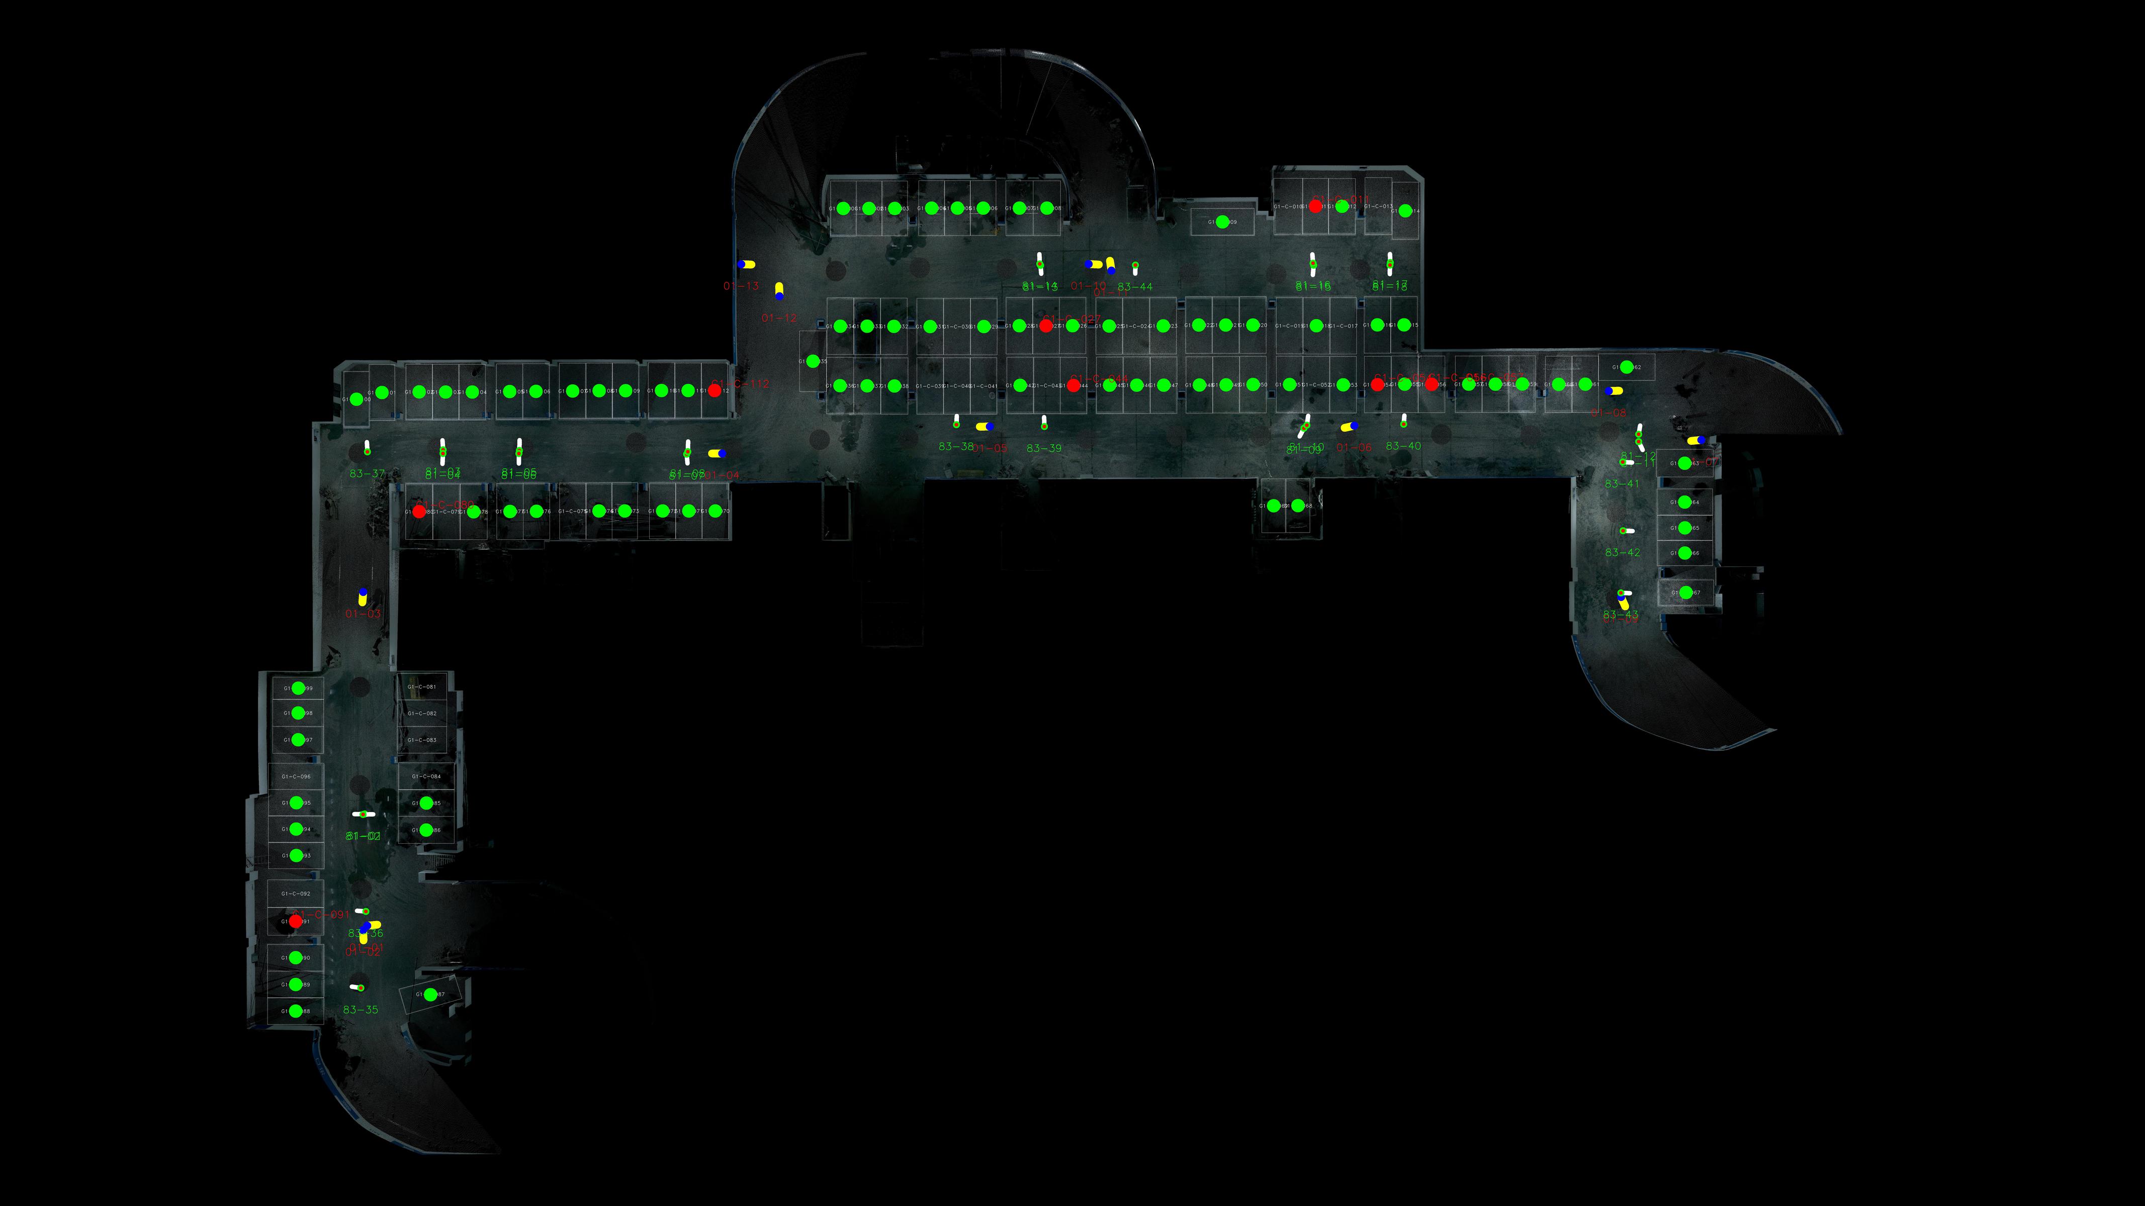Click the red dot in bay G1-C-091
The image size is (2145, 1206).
[x=296, y=922]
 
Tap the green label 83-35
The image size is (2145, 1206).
[x=361, y=1010]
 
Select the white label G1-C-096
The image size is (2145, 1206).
[x=296, y=776]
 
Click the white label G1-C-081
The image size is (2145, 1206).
[x=421, y=686]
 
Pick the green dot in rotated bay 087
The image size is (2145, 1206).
[x=430, y=994]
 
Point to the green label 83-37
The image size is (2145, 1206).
[x=367, y=473]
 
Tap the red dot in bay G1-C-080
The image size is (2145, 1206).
[x=419, y=511]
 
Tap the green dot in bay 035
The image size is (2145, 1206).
[x=813, y=361]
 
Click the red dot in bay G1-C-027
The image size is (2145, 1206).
[x=1046, y=326]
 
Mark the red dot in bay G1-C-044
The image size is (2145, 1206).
[x=1074, y=385]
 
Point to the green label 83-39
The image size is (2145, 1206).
[x=1044, y=448]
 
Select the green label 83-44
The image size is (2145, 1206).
[x=1135, y=286]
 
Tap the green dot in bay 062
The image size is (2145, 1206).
[x=1626, y=367]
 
